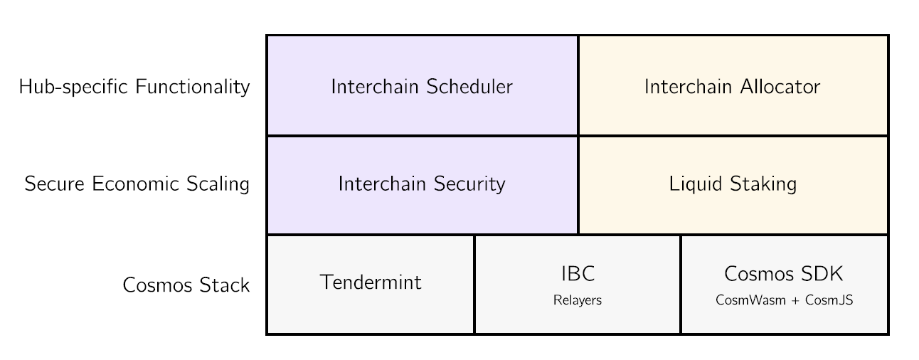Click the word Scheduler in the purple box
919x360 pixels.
point(469,87)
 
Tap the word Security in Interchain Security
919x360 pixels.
point(469,184)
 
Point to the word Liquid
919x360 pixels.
point(696,184)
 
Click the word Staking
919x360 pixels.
point(763,184)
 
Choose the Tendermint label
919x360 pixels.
point(371,282)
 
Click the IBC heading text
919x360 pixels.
point(578,274)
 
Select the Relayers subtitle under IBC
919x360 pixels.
point(578,300)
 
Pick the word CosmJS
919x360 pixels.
point(829,300)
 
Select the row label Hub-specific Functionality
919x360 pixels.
point(134,87)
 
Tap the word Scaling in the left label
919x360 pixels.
point(218,184)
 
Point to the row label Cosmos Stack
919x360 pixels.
point(186,285)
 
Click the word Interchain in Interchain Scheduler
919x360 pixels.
point(374,87)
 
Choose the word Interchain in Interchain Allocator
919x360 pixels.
point(688,87)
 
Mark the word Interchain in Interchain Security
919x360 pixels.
point(381,184)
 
